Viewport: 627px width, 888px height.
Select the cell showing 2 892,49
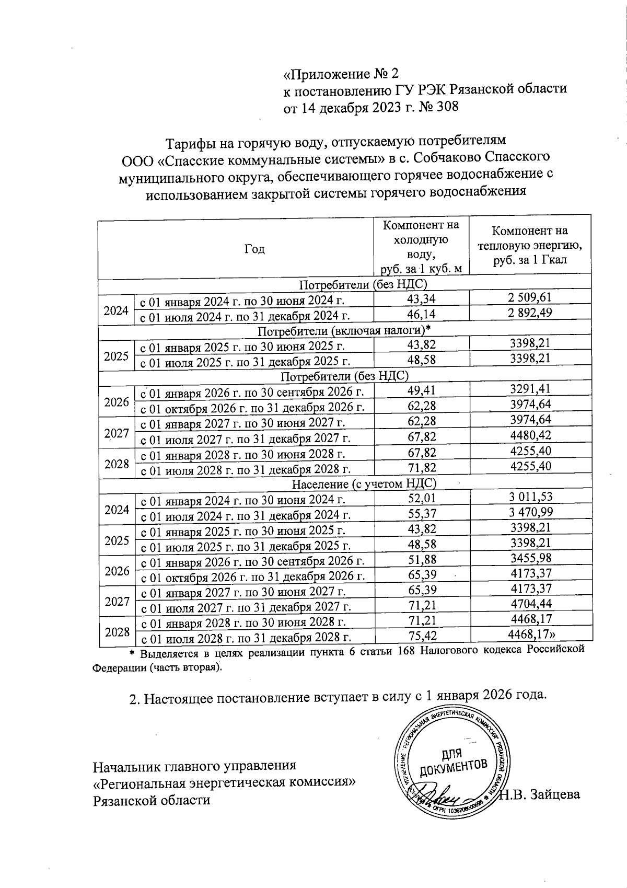click(x=530, y=314)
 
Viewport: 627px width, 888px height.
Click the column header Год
click(x=254, y=249)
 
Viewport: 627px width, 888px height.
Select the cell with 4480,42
click(x=530, y=436)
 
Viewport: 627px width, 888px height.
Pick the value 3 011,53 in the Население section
click(x=530, y=497)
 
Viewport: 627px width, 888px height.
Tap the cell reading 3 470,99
click(x=530, y=513)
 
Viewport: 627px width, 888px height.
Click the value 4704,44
click(x=530, y=605)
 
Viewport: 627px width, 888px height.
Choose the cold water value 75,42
click(x=422, y=636)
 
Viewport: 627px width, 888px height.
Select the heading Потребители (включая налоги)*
click(x=345, y=330)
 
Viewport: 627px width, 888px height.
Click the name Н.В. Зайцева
click(x=540, y=795)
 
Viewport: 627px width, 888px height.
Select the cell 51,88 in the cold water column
click(x=422, y=559)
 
